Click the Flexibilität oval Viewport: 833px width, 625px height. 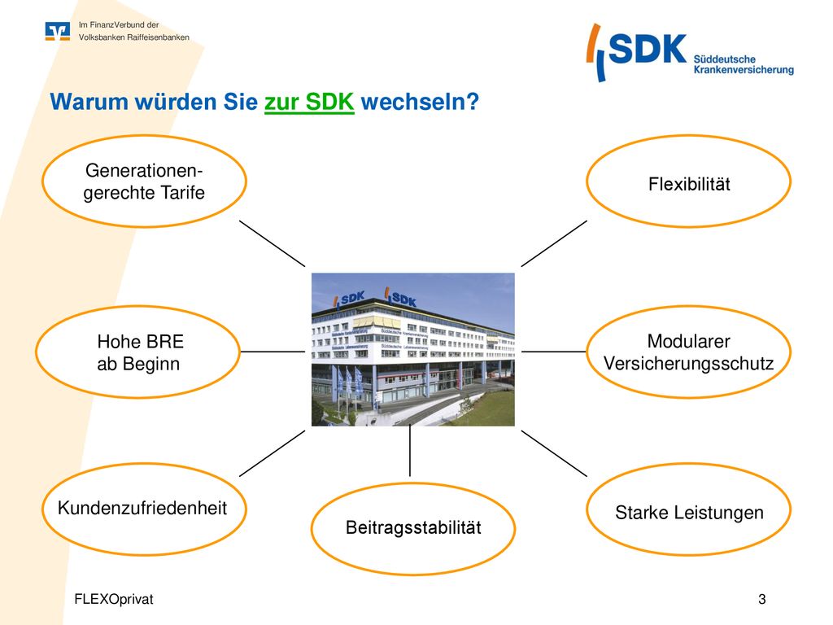click(688, 135)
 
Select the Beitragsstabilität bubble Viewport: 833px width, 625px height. click(412, 483)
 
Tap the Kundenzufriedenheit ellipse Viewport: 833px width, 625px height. click(144, 463)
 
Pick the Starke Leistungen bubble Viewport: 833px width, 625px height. click(688, 463)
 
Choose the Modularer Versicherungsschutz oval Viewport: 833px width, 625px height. click(688, 306)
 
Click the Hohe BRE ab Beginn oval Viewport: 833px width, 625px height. click(137, 306)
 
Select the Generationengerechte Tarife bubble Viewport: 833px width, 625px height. click(144, 135)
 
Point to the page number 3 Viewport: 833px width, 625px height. click(761, 600)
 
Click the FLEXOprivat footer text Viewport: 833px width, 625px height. click(114, 600)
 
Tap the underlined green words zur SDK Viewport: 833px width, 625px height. click(309, 102)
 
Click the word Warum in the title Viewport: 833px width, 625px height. click(89, 102)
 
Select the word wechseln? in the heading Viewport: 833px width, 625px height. click(420, 102)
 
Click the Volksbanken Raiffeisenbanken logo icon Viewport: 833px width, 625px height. click(58, 32)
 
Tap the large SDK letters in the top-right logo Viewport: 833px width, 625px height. click(647, 49)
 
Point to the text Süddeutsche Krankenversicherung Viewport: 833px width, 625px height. click(744, 64)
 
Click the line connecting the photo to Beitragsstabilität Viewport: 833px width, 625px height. click(410, 451)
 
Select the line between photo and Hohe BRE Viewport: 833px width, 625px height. click(273, 352)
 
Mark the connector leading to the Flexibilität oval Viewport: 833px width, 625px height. click(554, 243)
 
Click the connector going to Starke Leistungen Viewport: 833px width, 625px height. click(554, 453)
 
